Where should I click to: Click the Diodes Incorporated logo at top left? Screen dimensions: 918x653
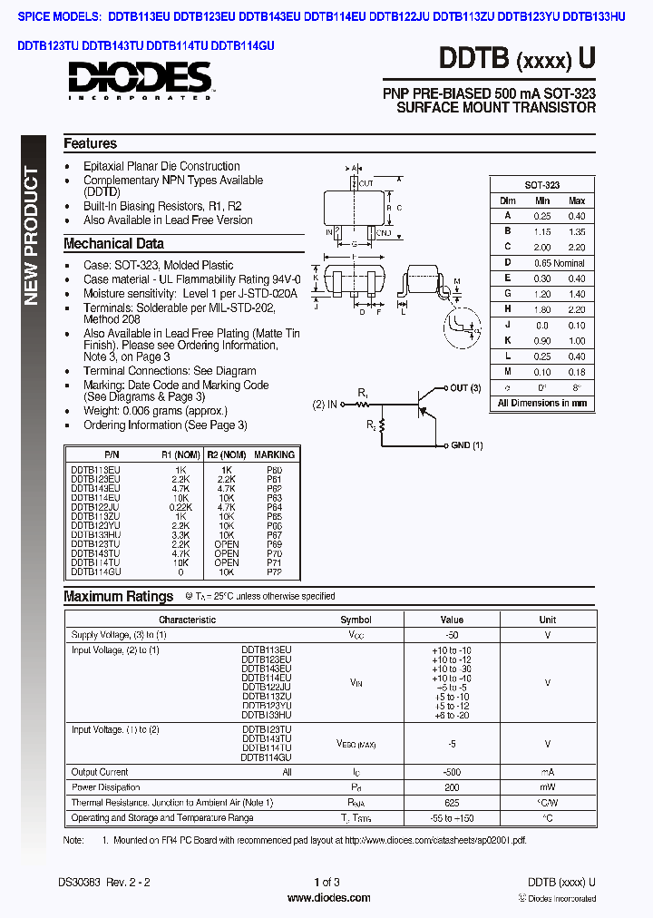139,80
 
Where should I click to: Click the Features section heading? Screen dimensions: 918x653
90,143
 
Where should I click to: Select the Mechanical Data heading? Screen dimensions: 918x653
113,243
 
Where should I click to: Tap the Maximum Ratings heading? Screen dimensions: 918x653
118,596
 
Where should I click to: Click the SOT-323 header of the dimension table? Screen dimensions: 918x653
541,184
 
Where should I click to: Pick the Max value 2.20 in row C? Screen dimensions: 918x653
576,247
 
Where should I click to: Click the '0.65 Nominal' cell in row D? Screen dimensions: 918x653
558,262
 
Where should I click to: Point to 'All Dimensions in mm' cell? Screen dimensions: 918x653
541,403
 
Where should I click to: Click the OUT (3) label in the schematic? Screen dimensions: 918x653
465,388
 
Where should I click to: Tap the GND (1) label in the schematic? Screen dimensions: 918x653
466,445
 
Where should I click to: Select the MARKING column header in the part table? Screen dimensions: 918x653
274,454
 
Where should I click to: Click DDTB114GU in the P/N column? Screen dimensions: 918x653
95,571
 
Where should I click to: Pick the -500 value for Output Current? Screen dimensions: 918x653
451,772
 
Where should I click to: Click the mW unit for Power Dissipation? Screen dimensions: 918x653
547,787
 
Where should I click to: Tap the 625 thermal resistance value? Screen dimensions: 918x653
451,803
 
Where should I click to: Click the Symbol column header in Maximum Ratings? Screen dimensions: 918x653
356,620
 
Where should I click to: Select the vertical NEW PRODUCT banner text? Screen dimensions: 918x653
31,236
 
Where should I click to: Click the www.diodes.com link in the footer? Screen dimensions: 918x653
327,898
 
